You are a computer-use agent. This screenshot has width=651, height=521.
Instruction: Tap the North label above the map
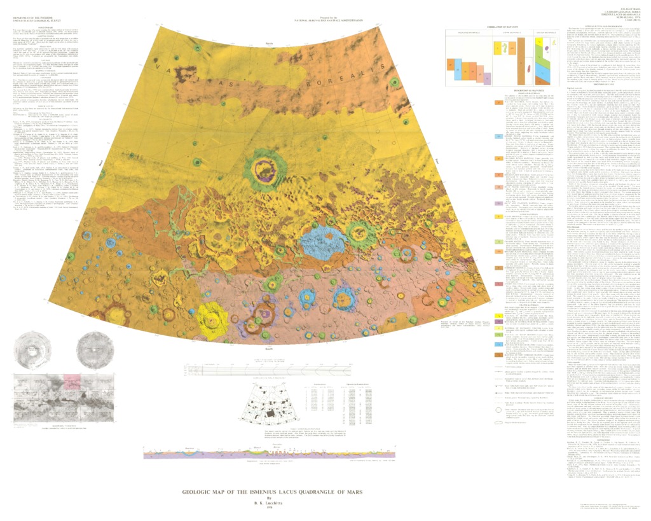(x=270, y=28)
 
